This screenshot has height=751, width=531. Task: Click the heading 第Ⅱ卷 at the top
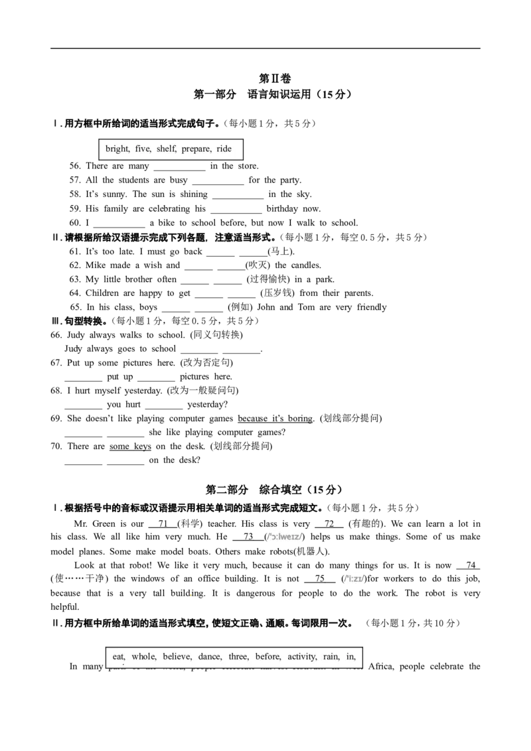275,78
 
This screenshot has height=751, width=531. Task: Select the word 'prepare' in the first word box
196,149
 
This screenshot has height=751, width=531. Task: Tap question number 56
75,166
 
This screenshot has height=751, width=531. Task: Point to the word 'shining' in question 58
194,194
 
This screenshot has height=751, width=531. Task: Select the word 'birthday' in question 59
282,209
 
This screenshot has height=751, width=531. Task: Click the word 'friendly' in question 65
372,307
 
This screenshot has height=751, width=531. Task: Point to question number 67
56,363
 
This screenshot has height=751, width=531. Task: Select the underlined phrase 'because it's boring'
275,419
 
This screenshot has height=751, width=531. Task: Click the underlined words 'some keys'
130,447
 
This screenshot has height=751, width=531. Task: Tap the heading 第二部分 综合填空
273,490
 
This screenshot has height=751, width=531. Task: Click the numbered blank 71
163,524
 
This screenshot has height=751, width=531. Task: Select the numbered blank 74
468,566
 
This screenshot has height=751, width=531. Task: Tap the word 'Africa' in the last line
381,667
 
